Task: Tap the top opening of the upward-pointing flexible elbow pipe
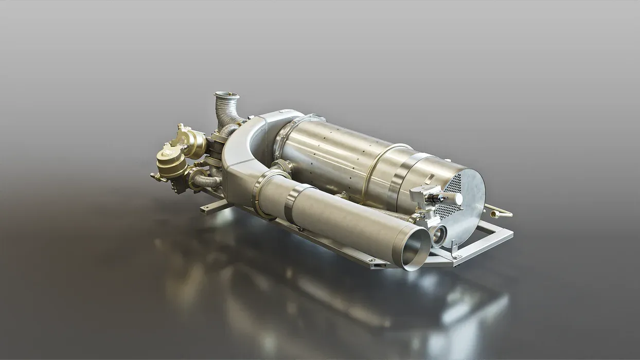point(226,96)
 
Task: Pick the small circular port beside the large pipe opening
point(439,236)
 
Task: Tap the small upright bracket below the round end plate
point(455,250)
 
